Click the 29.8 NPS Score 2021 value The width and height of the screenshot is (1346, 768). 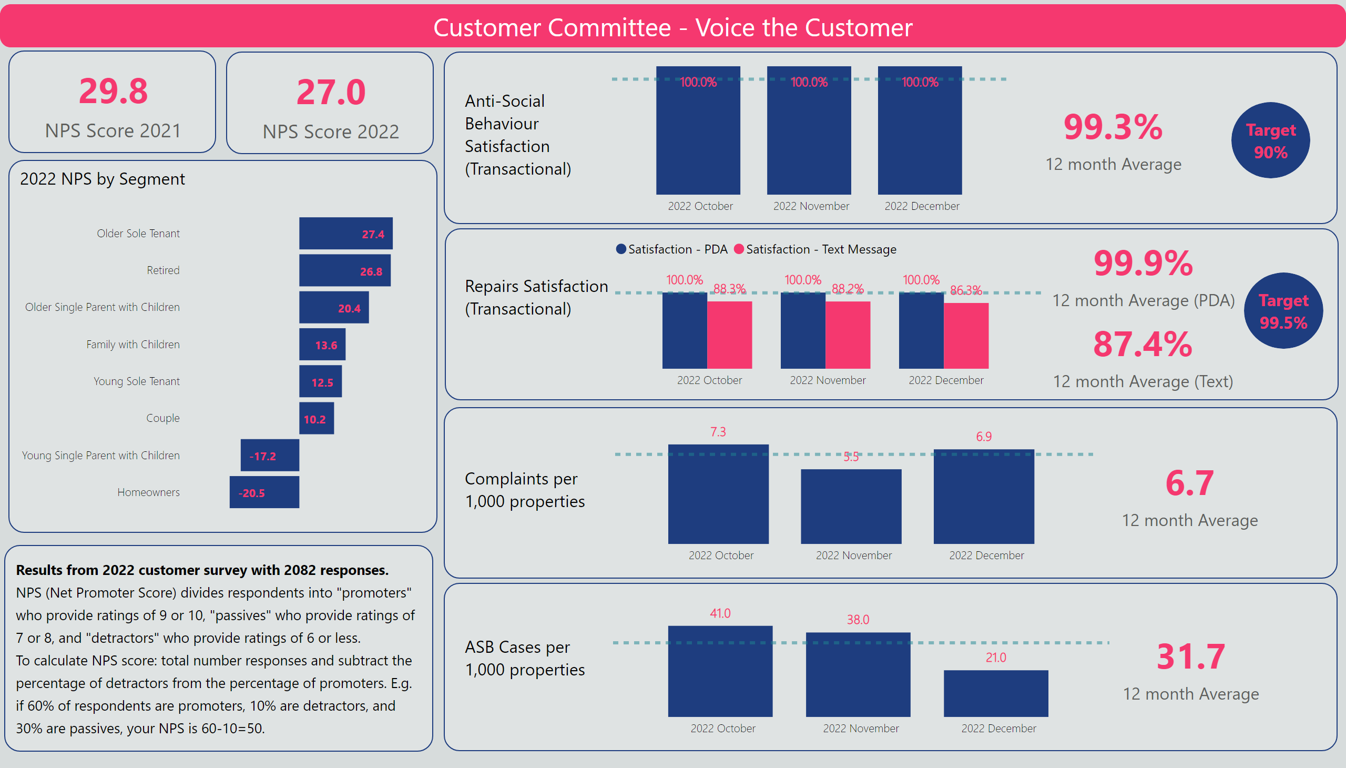114,91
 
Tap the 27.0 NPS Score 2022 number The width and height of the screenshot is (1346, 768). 331,92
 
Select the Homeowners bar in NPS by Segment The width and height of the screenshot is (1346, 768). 264,492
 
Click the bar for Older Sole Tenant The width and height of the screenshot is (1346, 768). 345,233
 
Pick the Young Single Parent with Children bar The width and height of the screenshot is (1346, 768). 269,455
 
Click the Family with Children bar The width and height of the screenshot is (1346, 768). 322,345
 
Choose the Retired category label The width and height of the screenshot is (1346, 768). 163,270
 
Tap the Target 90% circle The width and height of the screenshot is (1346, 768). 1270,140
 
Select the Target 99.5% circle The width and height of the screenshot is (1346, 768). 1283,311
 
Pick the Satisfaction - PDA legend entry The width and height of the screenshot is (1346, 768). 671,249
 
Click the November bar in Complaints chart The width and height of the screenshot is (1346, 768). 851,507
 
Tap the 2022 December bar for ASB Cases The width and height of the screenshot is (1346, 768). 995,693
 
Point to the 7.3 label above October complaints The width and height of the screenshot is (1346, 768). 718,432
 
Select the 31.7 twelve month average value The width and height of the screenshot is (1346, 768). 1190,656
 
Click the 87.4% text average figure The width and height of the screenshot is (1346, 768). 1143,345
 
